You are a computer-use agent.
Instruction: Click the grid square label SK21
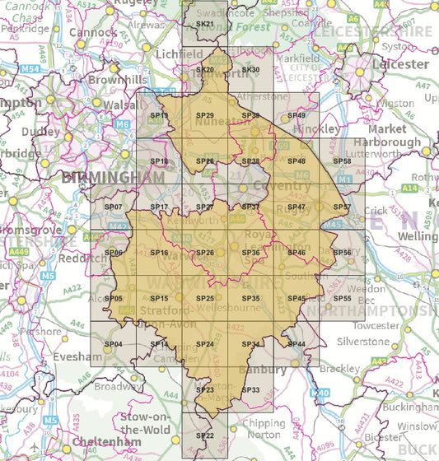pyautogui.click(x=204, y=25)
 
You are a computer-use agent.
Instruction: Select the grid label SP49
pyautogui.click(x=297, y=115)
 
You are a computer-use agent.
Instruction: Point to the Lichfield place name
pyautogui.click(x=179, y=54)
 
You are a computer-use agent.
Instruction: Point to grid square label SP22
pyautogui.click(x=204, y=435)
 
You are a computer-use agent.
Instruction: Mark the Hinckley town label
pyautogui.click(x=315, y=129)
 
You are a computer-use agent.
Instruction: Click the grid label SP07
pyautogui.click(x=114, y=207)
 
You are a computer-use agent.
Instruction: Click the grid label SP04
pyautogui.click(x=114, y=343)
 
